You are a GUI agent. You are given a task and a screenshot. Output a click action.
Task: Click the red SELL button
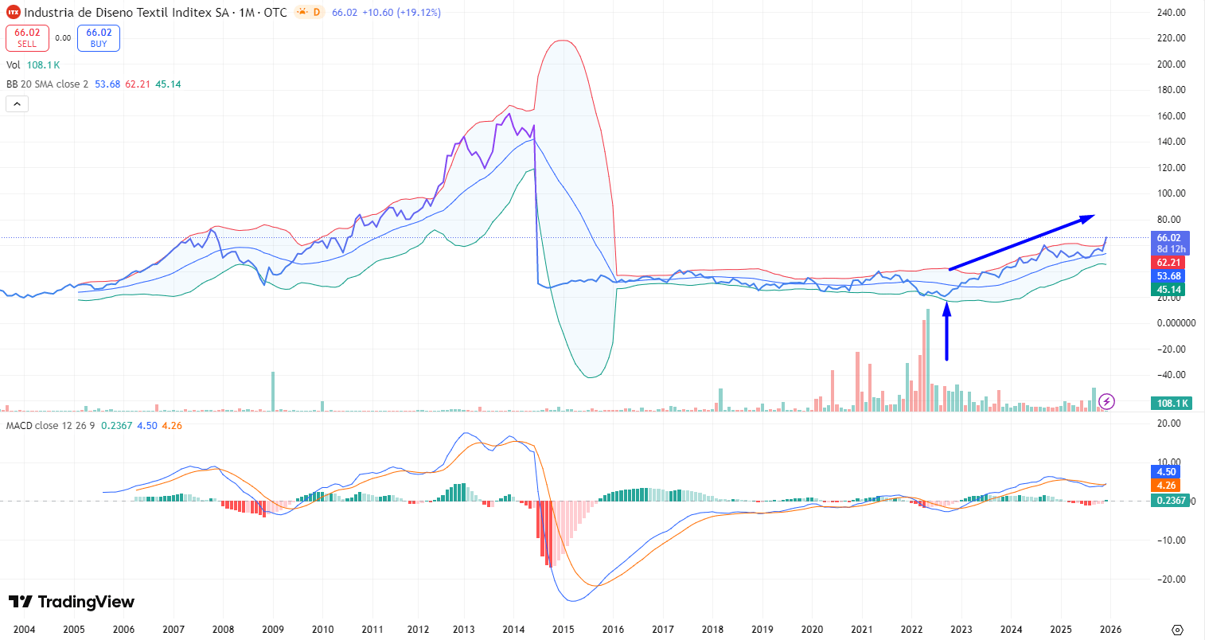point(27,38)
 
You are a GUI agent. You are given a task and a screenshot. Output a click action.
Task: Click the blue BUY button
point(99,38)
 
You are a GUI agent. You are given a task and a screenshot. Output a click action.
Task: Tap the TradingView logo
point(72,602)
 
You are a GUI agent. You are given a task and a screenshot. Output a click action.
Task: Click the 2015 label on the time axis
point(564,630)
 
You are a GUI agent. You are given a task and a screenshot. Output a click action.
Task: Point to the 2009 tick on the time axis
point(273,630)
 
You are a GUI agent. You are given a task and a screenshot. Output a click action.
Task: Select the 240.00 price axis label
point(1171,13)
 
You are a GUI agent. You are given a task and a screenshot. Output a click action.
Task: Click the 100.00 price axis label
point(1171,193)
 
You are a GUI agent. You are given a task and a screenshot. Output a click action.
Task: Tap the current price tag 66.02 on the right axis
point(1169,238)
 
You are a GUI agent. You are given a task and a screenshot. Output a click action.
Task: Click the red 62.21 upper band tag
point(1169,263)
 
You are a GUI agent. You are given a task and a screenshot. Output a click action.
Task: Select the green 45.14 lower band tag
point(1169,290)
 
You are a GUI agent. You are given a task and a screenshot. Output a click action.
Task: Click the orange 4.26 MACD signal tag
point(1166,486)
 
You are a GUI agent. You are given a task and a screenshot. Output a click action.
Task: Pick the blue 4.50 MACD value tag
point(1166,472)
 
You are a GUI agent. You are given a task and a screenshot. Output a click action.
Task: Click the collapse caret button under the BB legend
point(17,103)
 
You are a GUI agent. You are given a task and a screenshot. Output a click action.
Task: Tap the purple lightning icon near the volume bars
point(1106,401)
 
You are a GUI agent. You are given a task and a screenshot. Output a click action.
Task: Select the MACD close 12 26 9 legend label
point(50,426)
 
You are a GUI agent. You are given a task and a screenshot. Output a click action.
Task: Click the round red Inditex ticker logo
point(13,13)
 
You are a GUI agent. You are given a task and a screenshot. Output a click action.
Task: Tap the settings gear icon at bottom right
point(1178,630)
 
